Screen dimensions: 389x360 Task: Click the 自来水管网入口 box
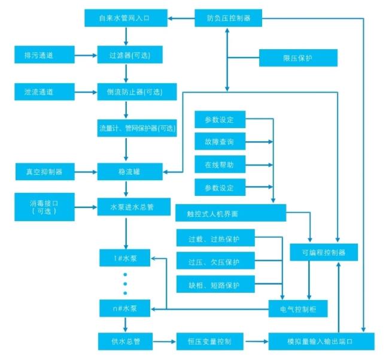tap(126, 18)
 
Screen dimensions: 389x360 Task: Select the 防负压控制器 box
tap(228, 18)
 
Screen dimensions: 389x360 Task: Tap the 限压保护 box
tap(298, 58)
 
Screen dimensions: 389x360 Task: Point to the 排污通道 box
tap(44, 55)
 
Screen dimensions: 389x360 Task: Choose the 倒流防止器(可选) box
tap(137, 92)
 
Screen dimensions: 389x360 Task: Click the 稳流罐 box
tap(130, 171)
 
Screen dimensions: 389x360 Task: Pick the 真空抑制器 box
tap(45, 171)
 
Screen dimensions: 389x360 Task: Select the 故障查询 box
tap(220, 141)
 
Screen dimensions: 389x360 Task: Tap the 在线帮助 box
tap(220, 164)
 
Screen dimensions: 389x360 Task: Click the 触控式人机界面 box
tap(231, 213)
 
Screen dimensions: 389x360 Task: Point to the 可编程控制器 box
tap(324, 252)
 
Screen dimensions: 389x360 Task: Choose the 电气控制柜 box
tap(298, 308)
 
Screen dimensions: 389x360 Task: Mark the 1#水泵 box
tap(125, 258)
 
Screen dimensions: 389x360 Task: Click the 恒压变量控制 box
tap(210, 341)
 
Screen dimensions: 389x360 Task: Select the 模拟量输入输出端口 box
tap(321, 341)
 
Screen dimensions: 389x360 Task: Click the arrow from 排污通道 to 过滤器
tap(86, 55)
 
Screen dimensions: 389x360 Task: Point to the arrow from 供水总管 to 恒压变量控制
tap(164, 341)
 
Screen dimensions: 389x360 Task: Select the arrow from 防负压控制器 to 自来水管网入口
tap(181, 18)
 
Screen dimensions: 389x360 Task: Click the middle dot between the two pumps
tap(125, 284)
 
